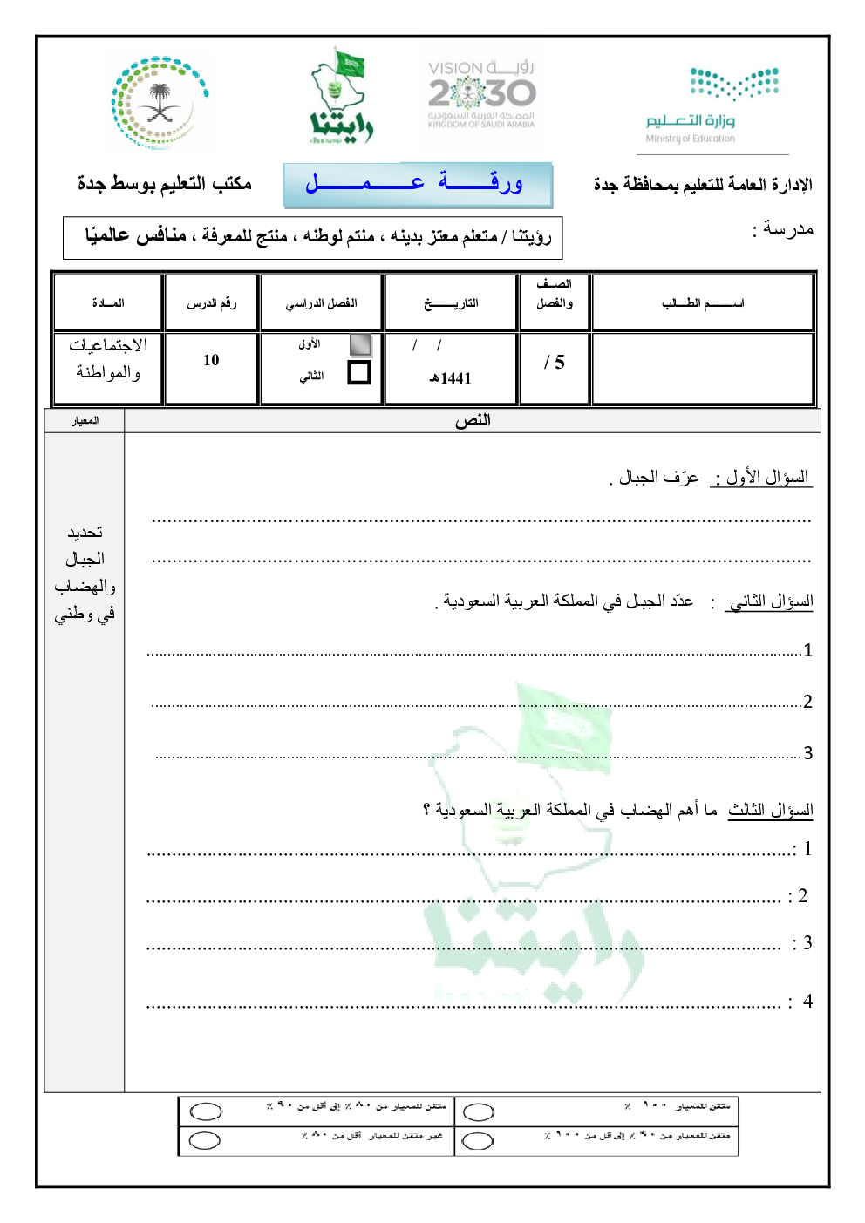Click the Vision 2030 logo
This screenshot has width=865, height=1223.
click(x=481, y=94)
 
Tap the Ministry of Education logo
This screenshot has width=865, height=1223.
click(x=712, y=105)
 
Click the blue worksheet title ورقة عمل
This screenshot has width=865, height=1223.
click(x=418, y=184)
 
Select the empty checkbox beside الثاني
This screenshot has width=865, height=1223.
click(x=359, y=373)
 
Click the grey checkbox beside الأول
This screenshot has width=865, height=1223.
click(x=360, y=344)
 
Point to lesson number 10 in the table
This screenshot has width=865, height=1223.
click(x=211, y=360)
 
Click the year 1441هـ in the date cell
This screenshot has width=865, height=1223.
click(x=450, y=378)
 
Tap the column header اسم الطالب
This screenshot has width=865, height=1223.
click(x=703, y=303)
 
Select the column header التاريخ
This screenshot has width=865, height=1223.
click(x=451, y=303)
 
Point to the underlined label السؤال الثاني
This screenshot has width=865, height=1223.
click(x=772, y=601)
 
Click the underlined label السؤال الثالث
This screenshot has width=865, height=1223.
click(x=771, y=810)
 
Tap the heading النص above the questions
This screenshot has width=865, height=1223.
click(x=473, y=421)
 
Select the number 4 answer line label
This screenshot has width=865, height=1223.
click(x=807, y=1002)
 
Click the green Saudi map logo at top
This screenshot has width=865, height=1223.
click(x=341, y=97)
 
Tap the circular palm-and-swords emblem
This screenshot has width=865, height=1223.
click(x=159, y=103)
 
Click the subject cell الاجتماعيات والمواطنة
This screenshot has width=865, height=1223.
click(x=108, y=359)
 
